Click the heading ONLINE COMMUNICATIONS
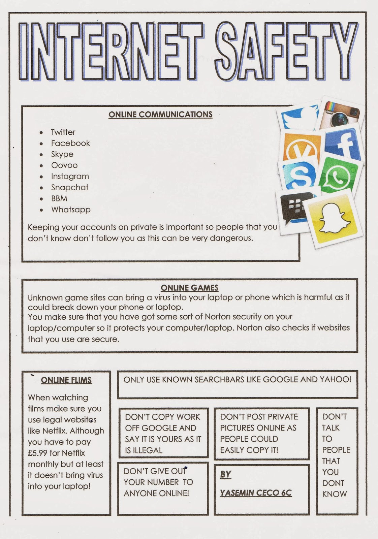(x=160, y=115)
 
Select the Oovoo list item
(x=64, y=165)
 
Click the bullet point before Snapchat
(x=41, y=188)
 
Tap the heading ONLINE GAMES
(x=189, y=288)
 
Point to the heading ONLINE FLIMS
(x=66, y=380)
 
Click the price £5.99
(x=37, y=453)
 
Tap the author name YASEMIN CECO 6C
(x=256, y=493)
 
